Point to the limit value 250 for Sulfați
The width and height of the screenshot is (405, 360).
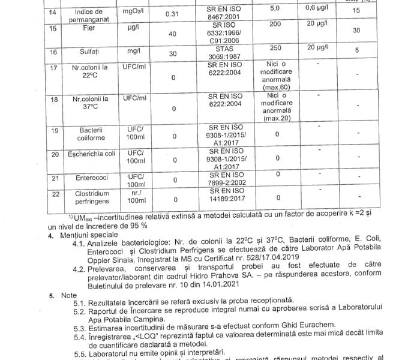click(x=277, y=47)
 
